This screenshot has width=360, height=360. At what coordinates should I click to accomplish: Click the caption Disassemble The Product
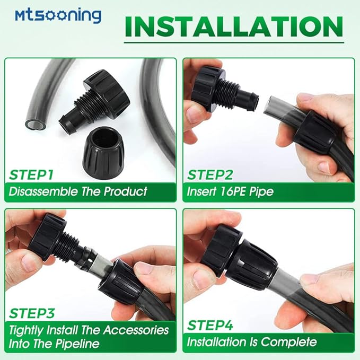78,191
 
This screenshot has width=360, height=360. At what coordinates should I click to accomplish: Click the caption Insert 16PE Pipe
230,191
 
